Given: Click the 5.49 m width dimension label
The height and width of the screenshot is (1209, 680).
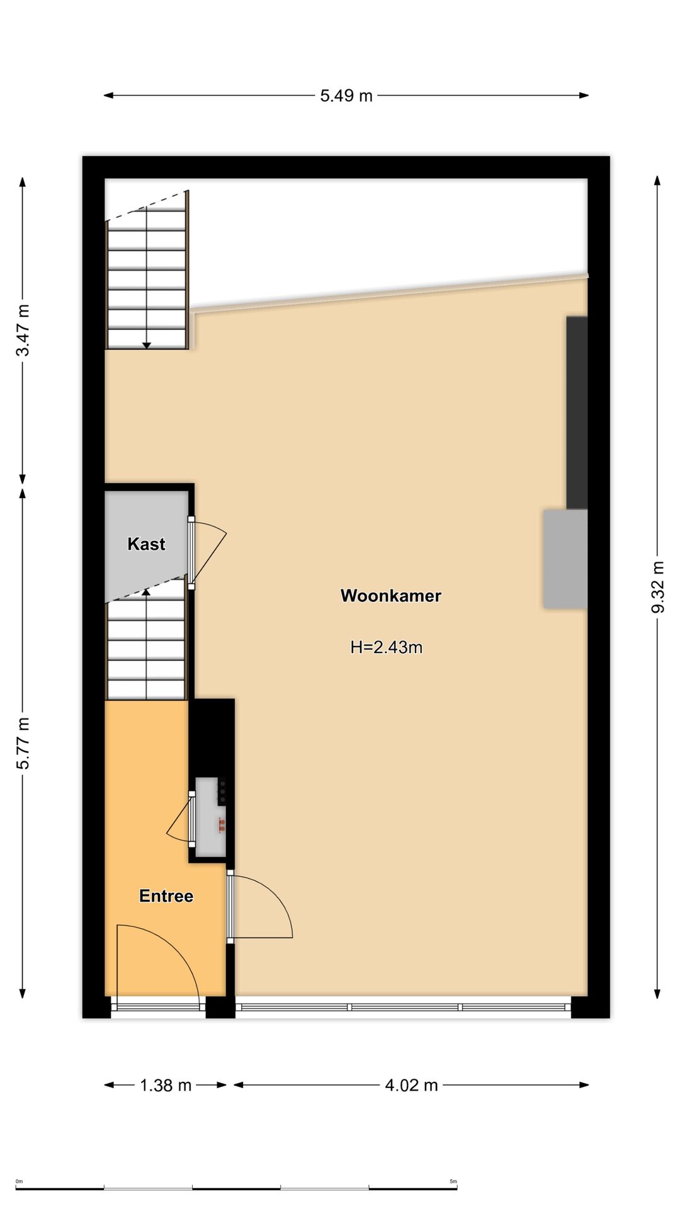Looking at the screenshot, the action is (346, 96).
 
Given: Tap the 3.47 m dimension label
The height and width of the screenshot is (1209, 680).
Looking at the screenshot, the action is (23, 330).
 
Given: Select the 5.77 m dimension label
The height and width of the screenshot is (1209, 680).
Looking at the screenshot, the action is (23, 743).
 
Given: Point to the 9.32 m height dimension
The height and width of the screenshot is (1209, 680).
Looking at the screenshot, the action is (658, 587).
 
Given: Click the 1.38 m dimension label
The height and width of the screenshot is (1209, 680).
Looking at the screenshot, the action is (166, 1085).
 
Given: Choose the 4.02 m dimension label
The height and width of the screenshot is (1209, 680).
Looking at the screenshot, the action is (412, 1085).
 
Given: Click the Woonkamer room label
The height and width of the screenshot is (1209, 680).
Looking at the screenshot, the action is (391, 596).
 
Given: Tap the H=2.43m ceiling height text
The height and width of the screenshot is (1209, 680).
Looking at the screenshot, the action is (387, 647).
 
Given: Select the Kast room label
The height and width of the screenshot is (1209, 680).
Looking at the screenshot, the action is (147, 544).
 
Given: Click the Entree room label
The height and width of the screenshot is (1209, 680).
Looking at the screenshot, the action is (166, 896).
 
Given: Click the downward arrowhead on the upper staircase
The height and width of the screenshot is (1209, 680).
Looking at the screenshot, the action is (147, 345).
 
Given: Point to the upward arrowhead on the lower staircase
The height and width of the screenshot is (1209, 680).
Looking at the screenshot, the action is (147, 591).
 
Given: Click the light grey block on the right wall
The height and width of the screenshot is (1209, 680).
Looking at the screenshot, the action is (565, 559).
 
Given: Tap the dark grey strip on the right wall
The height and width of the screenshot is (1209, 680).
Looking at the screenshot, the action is (577, 412).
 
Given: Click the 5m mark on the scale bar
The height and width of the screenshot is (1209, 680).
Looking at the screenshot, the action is (453, 1181).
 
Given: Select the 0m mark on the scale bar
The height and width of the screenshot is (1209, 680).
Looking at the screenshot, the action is (20, 1181).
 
